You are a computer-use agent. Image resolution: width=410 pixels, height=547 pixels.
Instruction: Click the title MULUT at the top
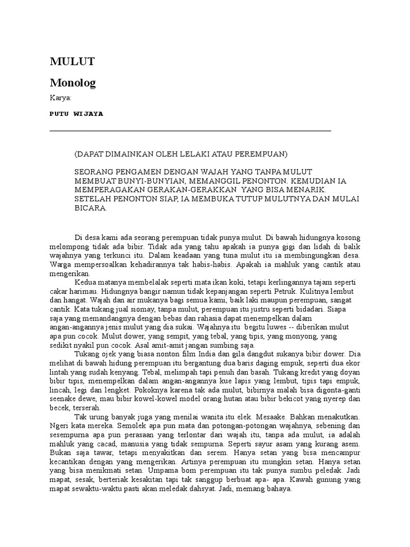click(72, 61)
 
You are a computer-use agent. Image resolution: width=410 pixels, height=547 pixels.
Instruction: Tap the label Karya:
click(60, 98)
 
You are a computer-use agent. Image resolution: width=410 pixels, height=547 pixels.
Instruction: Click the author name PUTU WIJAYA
click(76, 114)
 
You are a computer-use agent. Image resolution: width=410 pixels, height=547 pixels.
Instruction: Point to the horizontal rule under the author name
click(190, 130)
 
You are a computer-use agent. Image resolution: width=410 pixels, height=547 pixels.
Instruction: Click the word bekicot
click(301, 399)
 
